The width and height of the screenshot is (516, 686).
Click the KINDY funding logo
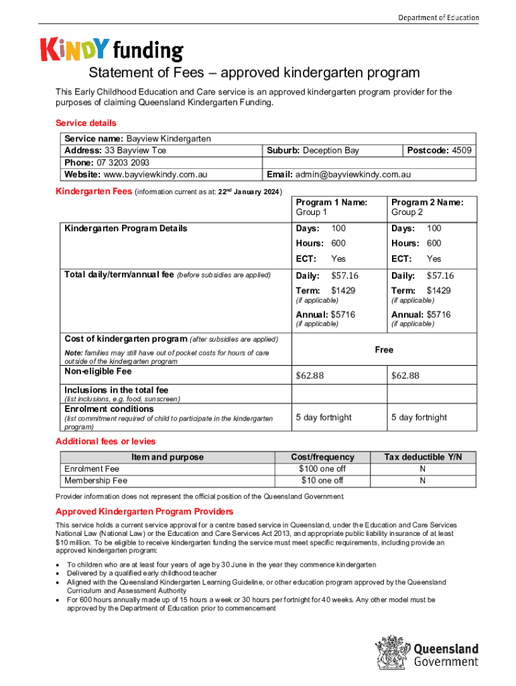[x=111, y=49]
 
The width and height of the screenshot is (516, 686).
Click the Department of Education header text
[x=438, y=17]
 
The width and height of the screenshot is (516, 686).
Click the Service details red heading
[x=86, y=123]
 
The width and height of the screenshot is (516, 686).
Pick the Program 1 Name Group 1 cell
[x=331, y=207]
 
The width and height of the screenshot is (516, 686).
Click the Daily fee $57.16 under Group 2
[x=440, y=275]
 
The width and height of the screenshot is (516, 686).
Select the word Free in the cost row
[x=384, y=350]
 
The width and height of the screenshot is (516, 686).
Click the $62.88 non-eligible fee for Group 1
[x=310, y=375]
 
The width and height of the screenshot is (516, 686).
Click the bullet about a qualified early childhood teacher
[x=141, y=573]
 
